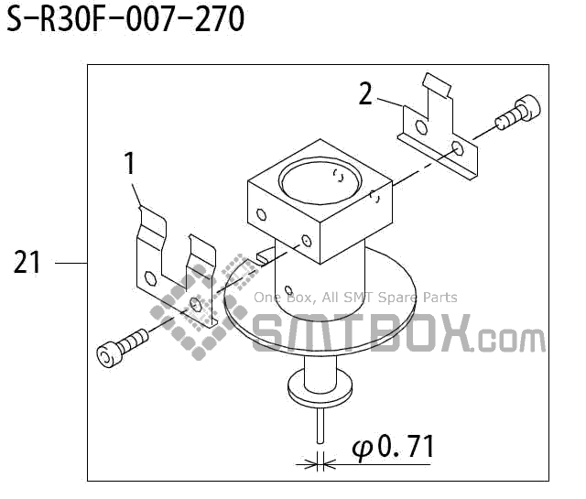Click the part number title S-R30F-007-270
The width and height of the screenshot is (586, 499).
(126, 19)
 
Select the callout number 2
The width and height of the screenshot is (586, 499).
(365, 93)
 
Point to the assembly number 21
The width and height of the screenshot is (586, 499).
(27, 263)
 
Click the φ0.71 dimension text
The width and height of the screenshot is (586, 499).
(393, 448)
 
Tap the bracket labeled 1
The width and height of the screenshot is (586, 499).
(174, 266)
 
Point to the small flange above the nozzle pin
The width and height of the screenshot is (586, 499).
(320, 385)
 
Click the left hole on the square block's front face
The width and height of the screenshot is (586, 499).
(262, 217)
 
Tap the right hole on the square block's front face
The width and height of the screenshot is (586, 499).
(306, 242)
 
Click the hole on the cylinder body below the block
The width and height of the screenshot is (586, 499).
(288, 284)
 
